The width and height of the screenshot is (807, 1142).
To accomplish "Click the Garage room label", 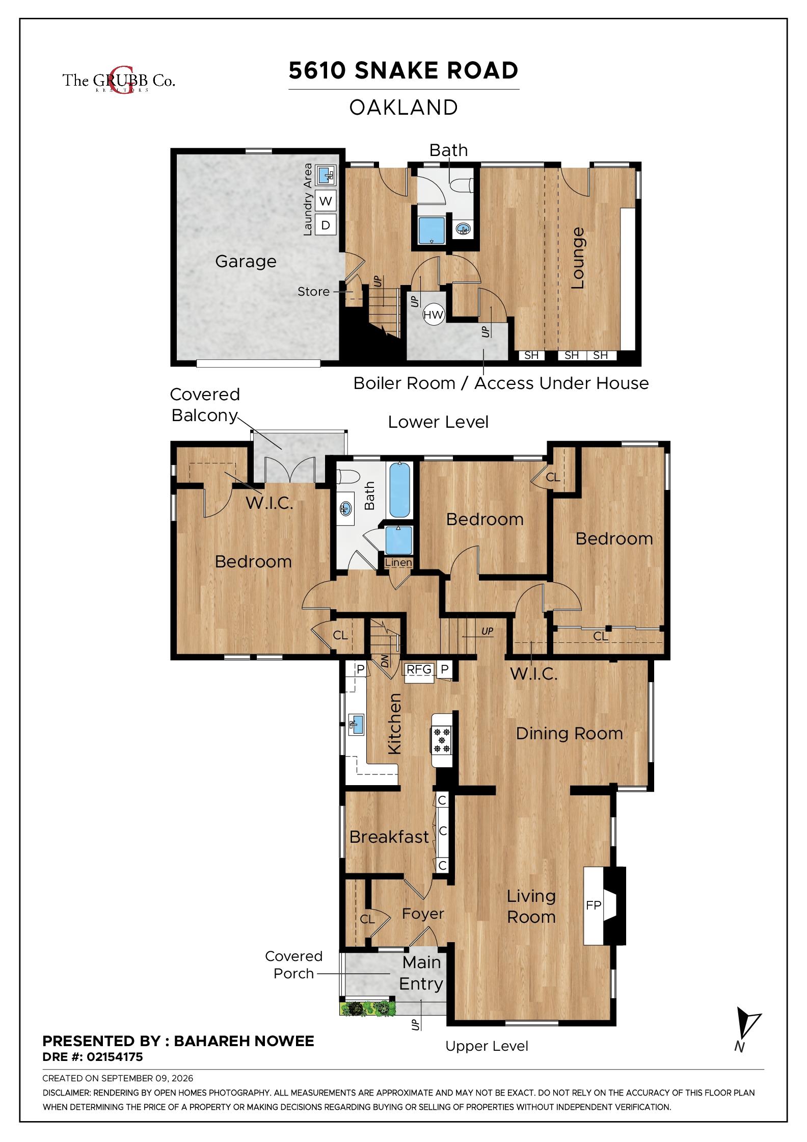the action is pos(246,262).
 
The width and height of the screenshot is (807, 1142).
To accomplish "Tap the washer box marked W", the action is pos(326,201).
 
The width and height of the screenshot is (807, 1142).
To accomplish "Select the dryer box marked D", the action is pos(326,225).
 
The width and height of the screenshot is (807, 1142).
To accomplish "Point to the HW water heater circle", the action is pos(434,315).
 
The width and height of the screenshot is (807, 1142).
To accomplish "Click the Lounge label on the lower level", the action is pos(577,258).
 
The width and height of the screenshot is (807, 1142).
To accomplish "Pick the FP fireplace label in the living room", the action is pos(594,905).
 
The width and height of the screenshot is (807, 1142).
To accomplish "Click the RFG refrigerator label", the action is pos(419,669).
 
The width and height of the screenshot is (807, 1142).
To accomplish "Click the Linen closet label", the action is pos(398,563).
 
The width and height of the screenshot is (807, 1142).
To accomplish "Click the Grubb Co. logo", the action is pos(119,80).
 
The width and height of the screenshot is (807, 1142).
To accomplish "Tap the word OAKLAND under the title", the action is pos(404,108).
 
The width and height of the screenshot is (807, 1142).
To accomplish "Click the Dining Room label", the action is pos(569,734).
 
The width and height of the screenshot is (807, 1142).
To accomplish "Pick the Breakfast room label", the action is pos(389,837).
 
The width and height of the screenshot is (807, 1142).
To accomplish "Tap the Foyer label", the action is pos(423,914).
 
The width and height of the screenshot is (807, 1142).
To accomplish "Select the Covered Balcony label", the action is pos(205,405).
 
